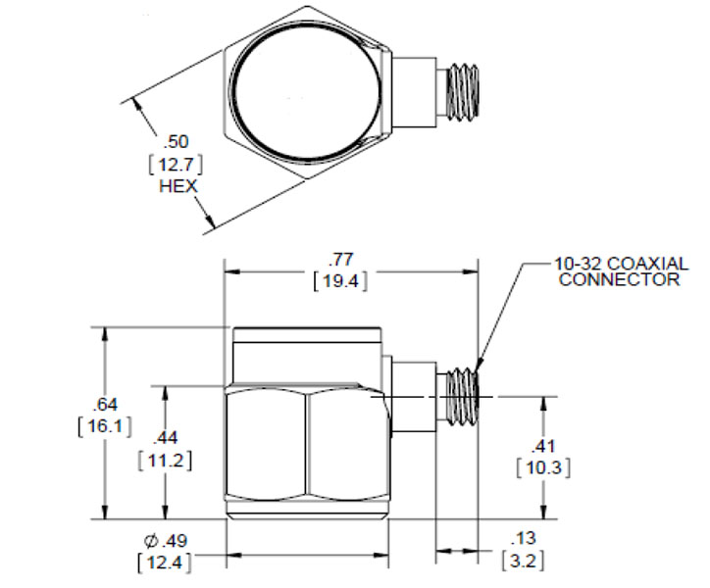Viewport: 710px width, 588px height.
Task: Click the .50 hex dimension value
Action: (176, 142)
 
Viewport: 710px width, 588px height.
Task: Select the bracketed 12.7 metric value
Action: (176, 164)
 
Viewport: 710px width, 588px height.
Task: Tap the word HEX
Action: (178, 186)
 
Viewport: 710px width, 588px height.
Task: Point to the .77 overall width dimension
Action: (341, 260)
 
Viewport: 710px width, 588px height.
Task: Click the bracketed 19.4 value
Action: (340, 281)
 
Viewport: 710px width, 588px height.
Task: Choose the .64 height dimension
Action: (105, 404)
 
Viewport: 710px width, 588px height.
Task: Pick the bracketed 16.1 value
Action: (105, 426)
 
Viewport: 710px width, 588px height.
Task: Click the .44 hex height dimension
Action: (166, 438)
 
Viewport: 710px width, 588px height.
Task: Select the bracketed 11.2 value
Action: (166, 461)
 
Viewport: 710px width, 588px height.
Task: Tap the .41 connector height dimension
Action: (543, 446)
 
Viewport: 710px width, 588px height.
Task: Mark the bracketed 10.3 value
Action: (544, 467)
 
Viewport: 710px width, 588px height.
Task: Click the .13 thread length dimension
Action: (524, 539)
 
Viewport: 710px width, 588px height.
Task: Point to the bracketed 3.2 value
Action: (524, 562)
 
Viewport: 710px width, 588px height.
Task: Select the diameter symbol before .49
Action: (151, 541)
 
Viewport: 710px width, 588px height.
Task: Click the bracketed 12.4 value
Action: (165, 563)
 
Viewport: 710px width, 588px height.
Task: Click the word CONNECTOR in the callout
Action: (619, 279)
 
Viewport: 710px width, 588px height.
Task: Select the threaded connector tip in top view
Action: (463, 93)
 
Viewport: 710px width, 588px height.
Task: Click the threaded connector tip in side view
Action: (463, 397)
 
